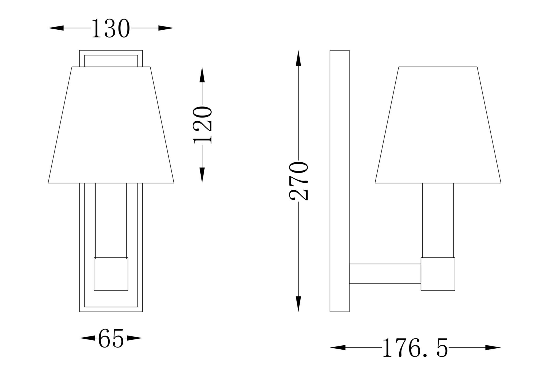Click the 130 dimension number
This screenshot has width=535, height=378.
click(x=111, y=28)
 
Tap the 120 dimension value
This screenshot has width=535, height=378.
click(x=202, y=125)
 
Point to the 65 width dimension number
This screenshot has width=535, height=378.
click(x=111, y=338)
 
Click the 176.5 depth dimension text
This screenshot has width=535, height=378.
click(x=415, y=348)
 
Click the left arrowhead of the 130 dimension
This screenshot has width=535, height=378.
click(x=56, y=28)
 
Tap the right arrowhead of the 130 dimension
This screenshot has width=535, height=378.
click(x=166, y=28)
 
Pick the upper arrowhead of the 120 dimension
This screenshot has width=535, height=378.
click(x=202, y=75)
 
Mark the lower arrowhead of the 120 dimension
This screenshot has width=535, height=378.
click(x=202, y=175)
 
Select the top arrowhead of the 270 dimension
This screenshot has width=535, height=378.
click(x=299, y=58)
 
